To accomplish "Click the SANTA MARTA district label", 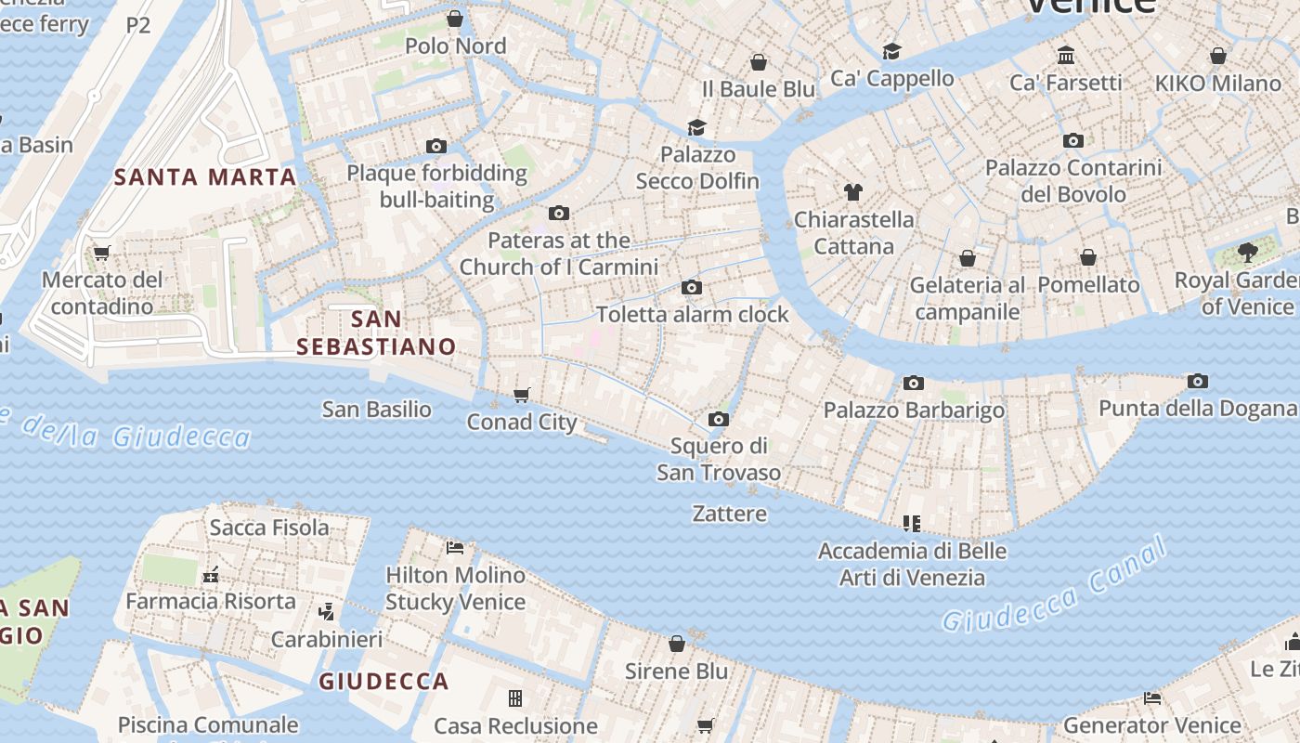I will (x=204, y=176).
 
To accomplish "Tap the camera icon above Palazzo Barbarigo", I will (x=914, y=384).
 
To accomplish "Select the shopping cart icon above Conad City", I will (x=522, y=396).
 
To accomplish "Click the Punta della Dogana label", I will (x=1198, y=409).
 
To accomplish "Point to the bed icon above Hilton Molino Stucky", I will (x=455, y=548).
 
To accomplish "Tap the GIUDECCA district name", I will (x=383, y=681).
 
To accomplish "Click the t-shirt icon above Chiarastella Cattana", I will (x=853, y=193).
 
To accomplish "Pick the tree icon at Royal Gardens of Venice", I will (x=1248, y=253).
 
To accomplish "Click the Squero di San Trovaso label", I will (x=719, y=459).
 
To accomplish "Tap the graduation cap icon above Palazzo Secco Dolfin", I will (x=696, y=128).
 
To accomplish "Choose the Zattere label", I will (x=730, y=514).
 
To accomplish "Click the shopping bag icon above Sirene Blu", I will (x=677, y=644).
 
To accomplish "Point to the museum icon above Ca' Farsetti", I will (x=1066, y=56).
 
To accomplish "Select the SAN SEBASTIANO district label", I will (x=376, y=332).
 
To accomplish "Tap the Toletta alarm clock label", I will (x=692, y=314).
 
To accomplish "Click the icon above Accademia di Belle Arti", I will (x=912, y=524).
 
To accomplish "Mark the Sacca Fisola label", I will (x=269, y=528).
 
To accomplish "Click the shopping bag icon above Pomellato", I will (x=1088, y=257).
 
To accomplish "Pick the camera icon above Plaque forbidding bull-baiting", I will (x=436, y=147).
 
